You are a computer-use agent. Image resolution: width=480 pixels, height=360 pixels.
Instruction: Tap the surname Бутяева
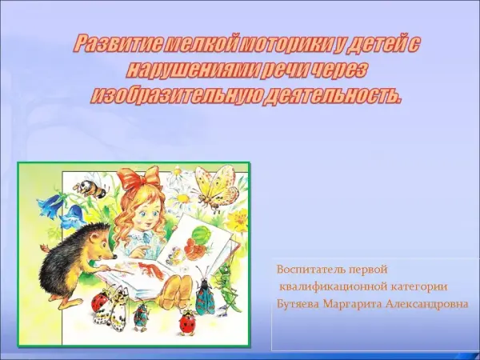click(x=298, y=304)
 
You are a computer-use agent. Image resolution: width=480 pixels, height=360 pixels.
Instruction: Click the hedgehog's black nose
click(x=114, y=256)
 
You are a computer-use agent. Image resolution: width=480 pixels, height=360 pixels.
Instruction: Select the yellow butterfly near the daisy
click(x=215, y=186)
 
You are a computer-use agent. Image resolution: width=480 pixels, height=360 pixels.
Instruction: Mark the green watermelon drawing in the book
click(x=202, y=234)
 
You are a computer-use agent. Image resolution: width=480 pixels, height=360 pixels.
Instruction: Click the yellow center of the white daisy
click(x=183, y=198)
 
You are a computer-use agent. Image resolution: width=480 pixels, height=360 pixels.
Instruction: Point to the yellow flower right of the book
click(x=237, y=221)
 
